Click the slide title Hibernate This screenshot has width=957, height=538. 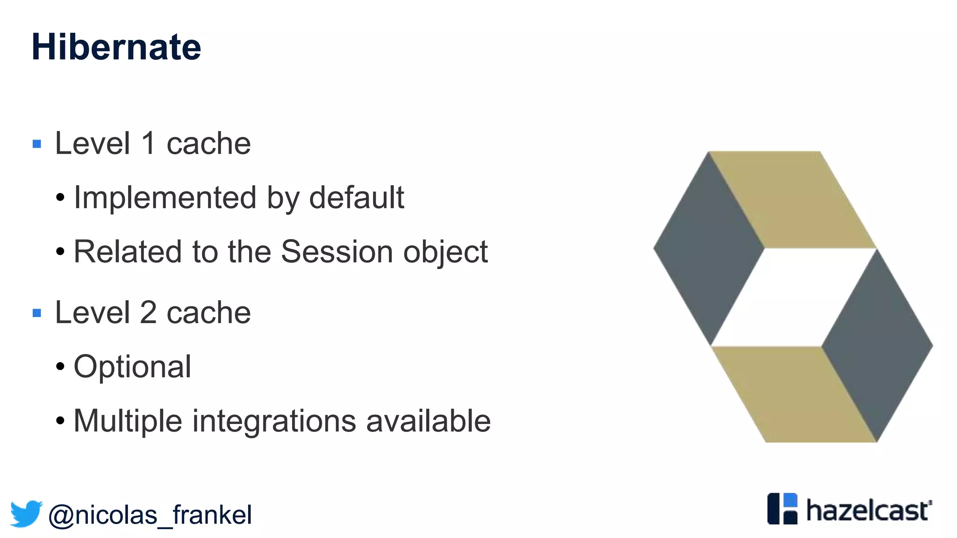[x=116, y=47]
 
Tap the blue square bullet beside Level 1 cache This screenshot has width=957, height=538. [x=37, y=144]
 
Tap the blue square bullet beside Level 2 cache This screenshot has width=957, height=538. [x=37, y=313]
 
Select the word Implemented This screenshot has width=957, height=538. [x=165, y=198]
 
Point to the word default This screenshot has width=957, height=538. [x=357, y=198]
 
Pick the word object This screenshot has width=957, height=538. [x=445, y=253]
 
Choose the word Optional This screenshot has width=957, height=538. [x=132, y=367]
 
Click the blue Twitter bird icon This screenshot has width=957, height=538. [x=26, y=514]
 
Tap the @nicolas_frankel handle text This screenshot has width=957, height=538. [x=150, y=515]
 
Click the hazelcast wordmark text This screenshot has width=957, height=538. [x=868, y=510]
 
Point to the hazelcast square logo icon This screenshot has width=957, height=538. [x=782, y=509]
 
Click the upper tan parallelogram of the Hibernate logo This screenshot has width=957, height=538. [x=792, y=200]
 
